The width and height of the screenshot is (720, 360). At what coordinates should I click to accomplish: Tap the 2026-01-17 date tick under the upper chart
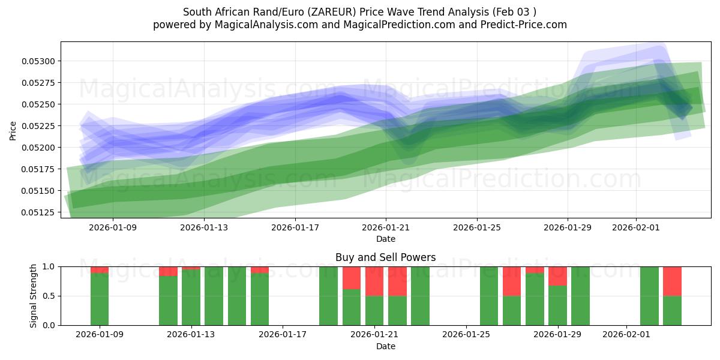click(295, 227)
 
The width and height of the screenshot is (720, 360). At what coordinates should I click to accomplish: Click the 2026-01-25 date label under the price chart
click(477, 227)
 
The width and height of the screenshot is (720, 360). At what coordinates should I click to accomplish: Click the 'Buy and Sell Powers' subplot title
click(385, 257)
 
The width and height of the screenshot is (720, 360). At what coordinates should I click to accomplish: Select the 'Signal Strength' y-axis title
click(34, 296)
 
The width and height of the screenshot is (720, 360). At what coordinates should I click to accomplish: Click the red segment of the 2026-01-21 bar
click(374, 281)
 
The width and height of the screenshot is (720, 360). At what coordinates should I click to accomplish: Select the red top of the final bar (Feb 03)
click(672, 281)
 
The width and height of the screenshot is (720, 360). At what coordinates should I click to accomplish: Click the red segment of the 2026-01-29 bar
click(557, 276)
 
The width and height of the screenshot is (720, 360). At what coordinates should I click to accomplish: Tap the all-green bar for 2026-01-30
click(580, 296)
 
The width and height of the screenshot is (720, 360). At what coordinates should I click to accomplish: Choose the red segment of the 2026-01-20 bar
click(352, 278)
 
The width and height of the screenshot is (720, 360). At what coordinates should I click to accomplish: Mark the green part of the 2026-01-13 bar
click(191, 297)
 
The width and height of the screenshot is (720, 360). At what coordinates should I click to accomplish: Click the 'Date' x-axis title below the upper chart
click(385, 239)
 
